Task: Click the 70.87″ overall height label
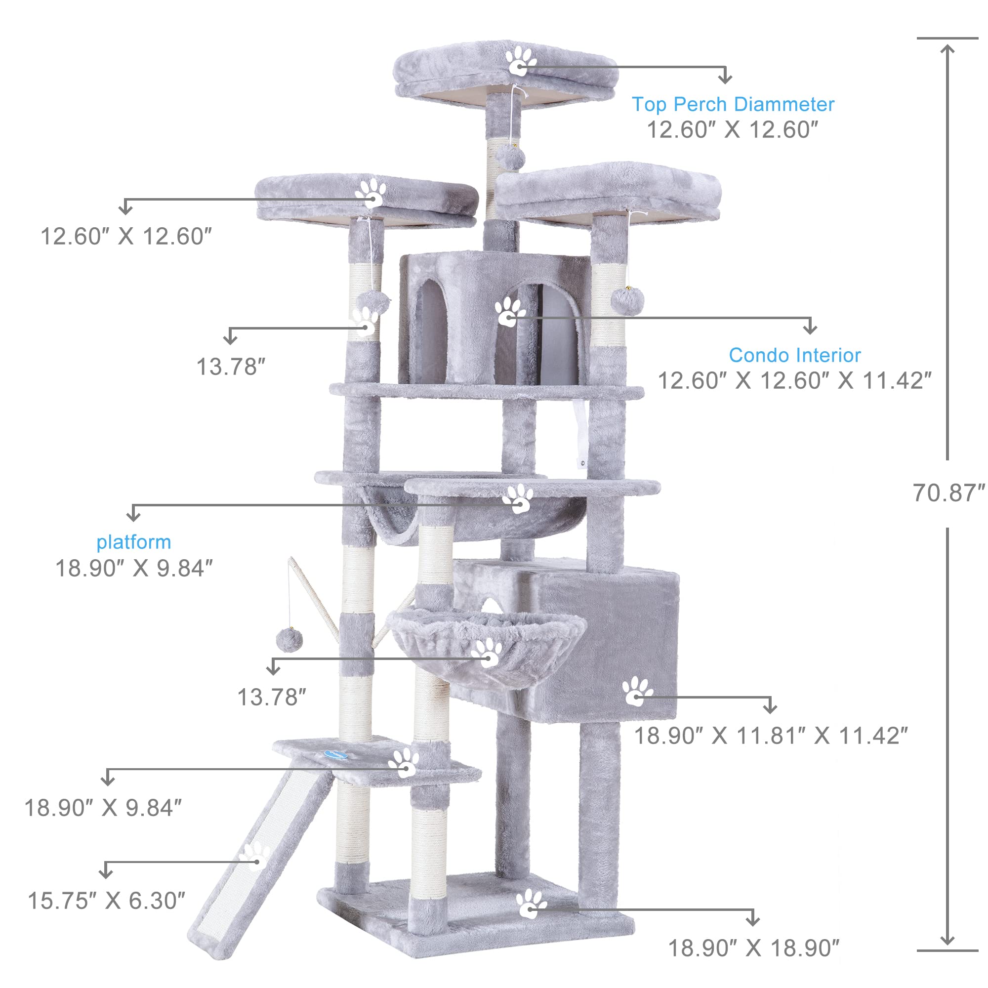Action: pos(948,493)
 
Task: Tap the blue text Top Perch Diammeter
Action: pos(732,104)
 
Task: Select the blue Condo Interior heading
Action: pos(794,355)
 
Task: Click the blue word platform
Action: pos(133,542)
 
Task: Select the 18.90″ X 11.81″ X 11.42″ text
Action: pos(771,736)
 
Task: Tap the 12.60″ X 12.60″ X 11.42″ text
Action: pos(794,380)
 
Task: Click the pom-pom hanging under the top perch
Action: pos(510,158)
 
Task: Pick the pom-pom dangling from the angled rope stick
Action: pos(289,640)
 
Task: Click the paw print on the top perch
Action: pos(521,61)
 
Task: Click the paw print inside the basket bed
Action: pos(487,653)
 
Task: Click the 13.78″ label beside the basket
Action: pos(272,697)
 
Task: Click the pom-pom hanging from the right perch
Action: pos(627,301)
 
